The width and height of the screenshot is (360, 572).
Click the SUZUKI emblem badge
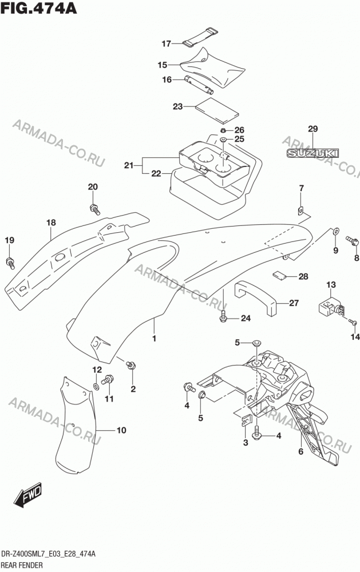pyautogui.click(x=312, y=153)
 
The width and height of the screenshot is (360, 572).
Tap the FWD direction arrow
pyautogui.click(x=27, y=495)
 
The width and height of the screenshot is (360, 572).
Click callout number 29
pyautogui.click(x=313, y=129)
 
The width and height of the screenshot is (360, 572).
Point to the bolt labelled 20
pyautogui.click(x=94, y=209)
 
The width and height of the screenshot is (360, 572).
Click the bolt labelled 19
pyautogui.click(x=10, y=263)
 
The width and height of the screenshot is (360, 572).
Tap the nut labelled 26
pyautogui.click(x=223, y=130)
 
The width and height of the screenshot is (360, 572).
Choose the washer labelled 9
pyautogui.click(x=335, y=231)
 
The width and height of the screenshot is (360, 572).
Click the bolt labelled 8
pyautogui.click(x=353, y=241)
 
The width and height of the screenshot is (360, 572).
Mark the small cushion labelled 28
pyautogui.click(x=280, y=276)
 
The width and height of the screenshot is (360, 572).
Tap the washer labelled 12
pyautogui.click(x=96, y=386)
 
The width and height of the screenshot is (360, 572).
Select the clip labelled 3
pyautogui.click(x=247, y=420)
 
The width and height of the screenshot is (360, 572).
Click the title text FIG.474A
pyautogui.click(x=38, y=7)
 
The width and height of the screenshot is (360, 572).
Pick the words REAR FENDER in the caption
pyautogui.click(x=22, y=566)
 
